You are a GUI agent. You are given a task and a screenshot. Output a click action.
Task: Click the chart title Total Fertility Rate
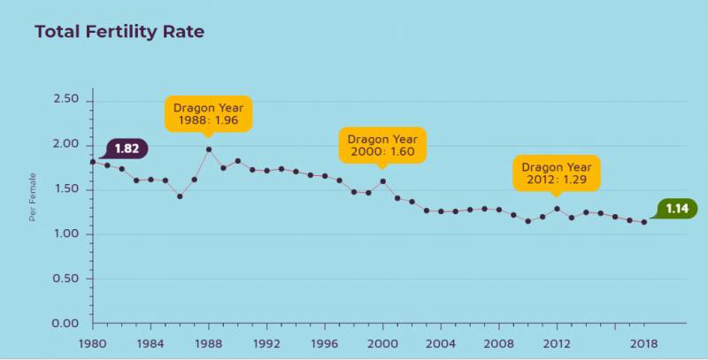(119, 33)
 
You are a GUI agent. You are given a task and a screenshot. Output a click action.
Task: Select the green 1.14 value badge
(678, 209)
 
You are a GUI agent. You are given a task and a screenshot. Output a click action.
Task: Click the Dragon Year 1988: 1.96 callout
(207, 113)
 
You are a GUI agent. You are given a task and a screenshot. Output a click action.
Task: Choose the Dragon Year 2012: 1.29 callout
(556, 173)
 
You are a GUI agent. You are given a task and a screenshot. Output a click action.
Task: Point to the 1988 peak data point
(209, 149)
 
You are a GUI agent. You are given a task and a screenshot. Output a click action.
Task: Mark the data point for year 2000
(382, 181)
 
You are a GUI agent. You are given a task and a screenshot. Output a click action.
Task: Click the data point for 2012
(557, 209)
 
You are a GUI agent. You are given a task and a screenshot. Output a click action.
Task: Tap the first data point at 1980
(93, 162)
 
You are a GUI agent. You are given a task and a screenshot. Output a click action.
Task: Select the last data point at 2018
(643, 222)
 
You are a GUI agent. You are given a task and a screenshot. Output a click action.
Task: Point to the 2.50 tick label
(66, 100)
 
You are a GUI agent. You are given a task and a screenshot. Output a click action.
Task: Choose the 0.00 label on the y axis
(66, 324)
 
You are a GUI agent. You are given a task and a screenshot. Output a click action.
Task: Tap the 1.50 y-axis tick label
(66, 189)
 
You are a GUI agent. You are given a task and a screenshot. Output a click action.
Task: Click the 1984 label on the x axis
(150, 343)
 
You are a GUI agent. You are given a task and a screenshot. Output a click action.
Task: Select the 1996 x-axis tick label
(324, 343)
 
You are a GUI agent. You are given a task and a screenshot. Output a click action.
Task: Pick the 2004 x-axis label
(440, 343)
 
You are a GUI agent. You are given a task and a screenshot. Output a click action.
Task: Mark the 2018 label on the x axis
(643, 343)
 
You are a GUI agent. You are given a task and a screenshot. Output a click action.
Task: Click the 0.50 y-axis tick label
(66, 279)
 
